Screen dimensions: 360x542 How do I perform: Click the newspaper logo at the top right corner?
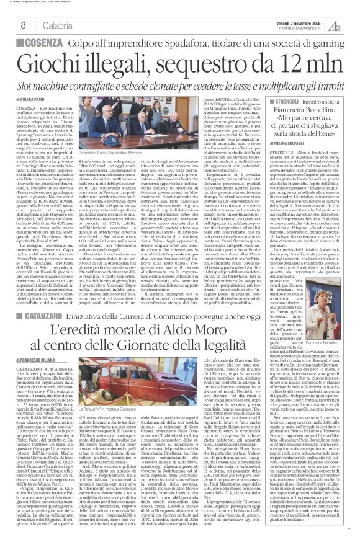[x=346, y=24]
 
